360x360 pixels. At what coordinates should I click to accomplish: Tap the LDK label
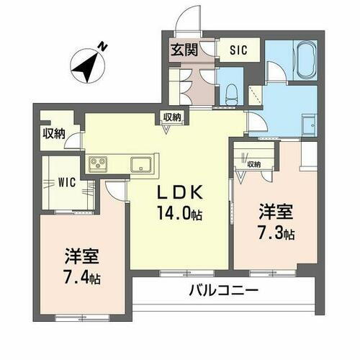click(x=181, y=192)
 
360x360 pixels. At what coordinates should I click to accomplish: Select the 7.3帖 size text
click(x=276, y=233)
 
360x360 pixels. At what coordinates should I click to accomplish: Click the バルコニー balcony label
click(x=223, y=292)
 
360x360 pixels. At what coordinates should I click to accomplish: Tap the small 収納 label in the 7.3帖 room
click(x=253, y=163)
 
